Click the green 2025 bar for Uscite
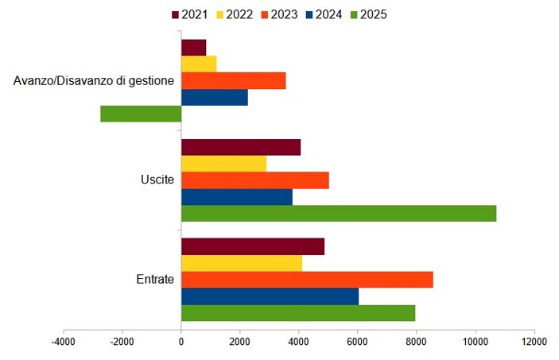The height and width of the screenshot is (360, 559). pyautogui.click(x=339, y=214)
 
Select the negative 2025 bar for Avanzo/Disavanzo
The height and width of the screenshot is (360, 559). pyautogui.click(x=141, y=114)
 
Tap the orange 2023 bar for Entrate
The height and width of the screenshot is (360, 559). pyautogui.click(x=307, y=280)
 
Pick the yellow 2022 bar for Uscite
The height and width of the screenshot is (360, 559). pyautogui.click(x=223, y=164)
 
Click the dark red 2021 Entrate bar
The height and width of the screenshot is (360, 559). pyautogui.click(x=253, y=246)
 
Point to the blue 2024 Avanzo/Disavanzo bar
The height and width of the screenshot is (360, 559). pyautogui.click(x=215, y=97)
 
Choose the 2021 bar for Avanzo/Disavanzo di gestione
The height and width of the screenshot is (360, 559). pyautogui.click(x=193, y=48)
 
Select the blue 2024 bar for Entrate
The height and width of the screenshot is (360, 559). pyautogui.click(x=270, y=296)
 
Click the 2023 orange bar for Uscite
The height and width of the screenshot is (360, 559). pyautogui.click(x=255, y=180)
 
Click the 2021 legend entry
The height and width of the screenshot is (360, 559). pyautogui.click(x=189, y=14)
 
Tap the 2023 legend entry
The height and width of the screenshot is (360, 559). pyautogui.click(x=285, y=14)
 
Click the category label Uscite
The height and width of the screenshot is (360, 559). pyautogui.click(x=157, y=180)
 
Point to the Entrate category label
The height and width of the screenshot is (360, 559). pyautogui.click(x=155, y=279)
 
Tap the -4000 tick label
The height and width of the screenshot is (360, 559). pyautogui.click(x=64, y=343)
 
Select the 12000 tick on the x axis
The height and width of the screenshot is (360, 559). pyautogui.click(x=534, y=343)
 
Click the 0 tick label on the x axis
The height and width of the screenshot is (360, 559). pyautogui.click(x=181, y=343)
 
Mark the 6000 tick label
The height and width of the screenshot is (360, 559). pyautogui.click(x=357, y=343)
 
